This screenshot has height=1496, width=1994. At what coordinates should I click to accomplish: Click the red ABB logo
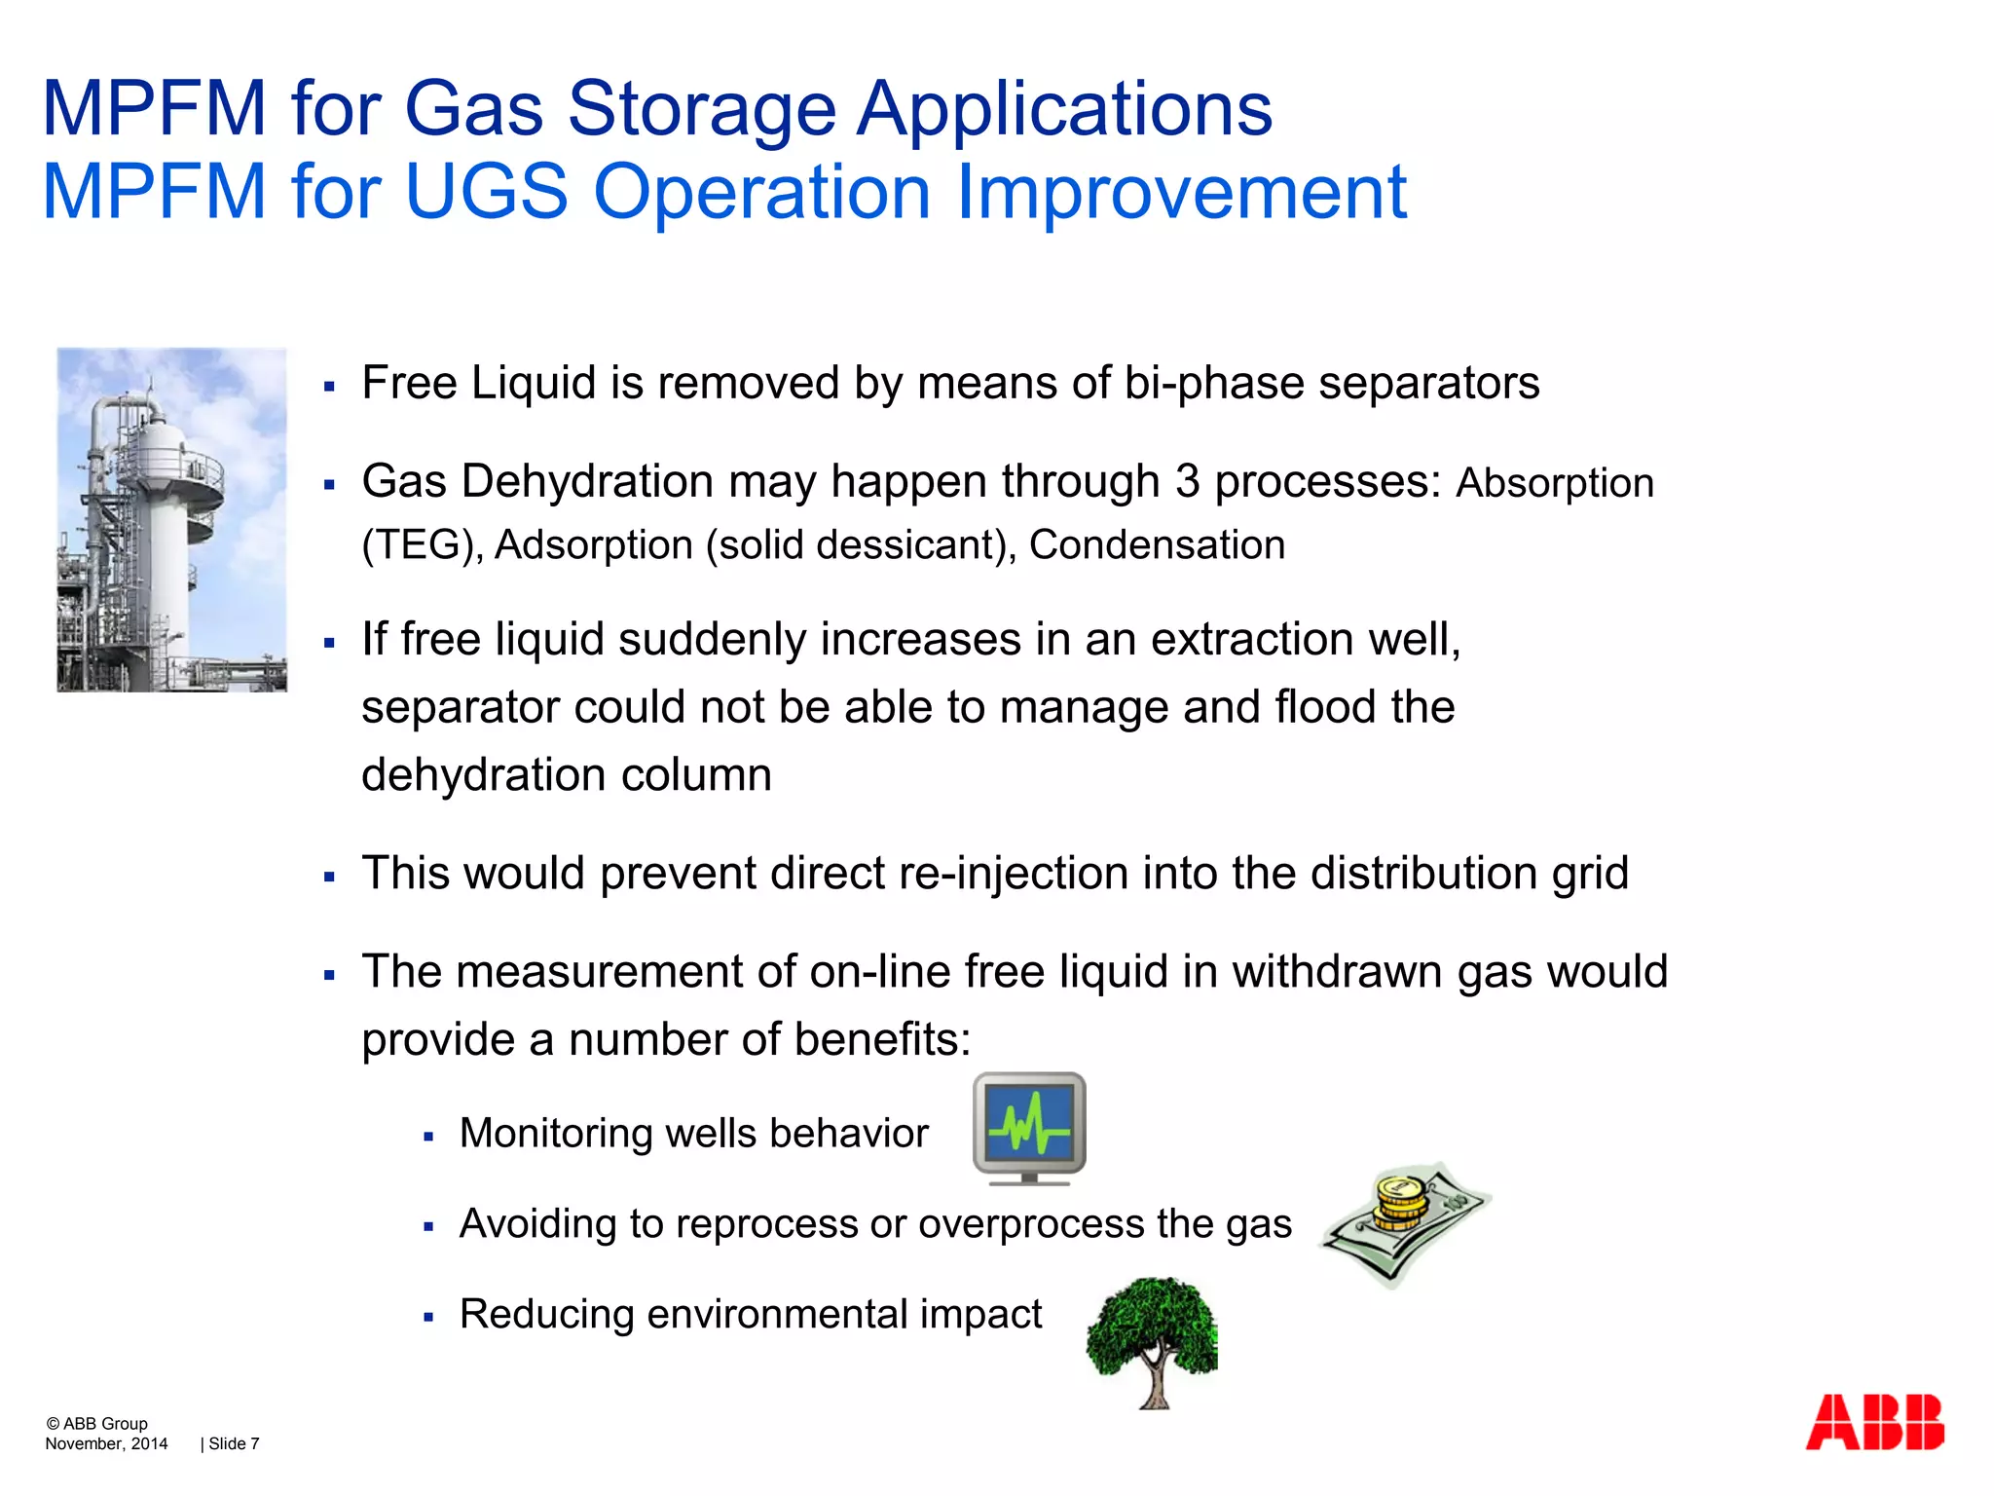[x=1874, y=1423]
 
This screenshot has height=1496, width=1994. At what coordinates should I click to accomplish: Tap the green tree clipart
[x=1152, y=1339]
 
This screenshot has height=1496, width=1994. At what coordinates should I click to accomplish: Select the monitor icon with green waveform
[x=1029, y=1128]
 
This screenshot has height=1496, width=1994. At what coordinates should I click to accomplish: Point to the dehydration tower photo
[x=172, y=519]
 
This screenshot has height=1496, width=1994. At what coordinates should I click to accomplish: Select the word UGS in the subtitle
[x=485, y=191]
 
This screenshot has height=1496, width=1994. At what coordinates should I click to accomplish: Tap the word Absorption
[x=1554, y=484]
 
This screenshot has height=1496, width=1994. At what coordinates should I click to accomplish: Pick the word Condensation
[x=1157, y=544]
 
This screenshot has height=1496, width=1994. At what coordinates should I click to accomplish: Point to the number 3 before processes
[x=1187, y=482]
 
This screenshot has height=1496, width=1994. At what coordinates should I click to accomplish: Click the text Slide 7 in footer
[x=234, y=1443]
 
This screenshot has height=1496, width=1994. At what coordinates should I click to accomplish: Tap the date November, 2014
[x=106, y=1443]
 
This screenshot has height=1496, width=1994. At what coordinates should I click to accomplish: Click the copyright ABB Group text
[x=96, y=1423]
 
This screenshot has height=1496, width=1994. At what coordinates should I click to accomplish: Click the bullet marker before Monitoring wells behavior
[x=428, y=1137]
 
